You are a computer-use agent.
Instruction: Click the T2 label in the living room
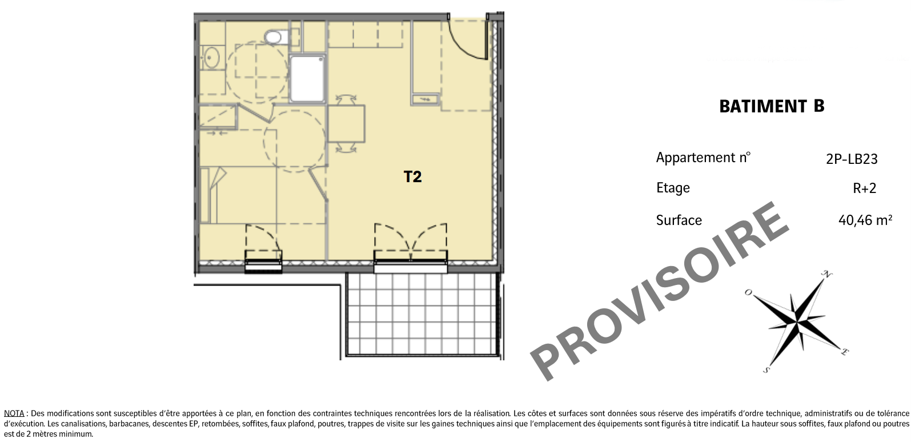click(412, 177)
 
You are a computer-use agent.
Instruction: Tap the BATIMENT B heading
click(772, 107)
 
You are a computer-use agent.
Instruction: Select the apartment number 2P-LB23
click(852, 159)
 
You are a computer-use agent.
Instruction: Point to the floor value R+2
click(864, 188)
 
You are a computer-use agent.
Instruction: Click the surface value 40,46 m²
click(865, 220)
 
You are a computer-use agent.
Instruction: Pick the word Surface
click(679, 220)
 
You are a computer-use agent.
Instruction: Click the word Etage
click(673, 188)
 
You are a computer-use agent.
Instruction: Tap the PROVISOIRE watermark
click(659, 291)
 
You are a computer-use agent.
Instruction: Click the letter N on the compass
click(827, 275)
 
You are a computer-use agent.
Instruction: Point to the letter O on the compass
click(748, 292)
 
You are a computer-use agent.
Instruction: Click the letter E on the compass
click(844, 352)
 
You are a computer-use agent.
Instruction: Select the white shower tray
click(307, 79)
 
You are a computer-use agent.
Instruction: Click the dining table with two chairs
click(346, 123)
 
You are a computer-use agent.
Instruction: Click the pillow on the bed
click(205, 195)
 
